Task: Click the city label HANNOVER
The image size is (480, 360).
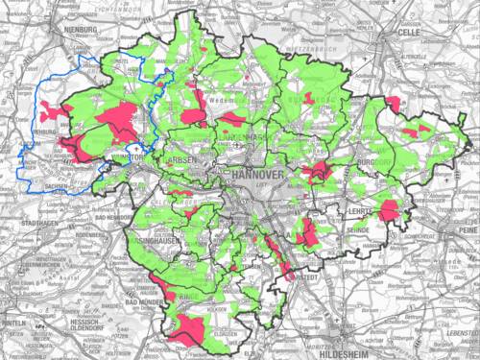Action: (256, 176)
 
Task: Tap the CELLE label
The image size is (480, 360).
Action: (411, 32)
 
